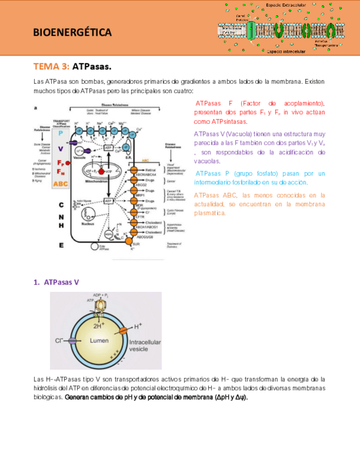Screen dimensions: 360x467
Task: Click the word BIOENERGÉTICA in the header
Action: (x=73, y=32)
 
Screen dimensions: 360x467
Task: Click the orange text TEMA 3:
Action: (x=51, y=67)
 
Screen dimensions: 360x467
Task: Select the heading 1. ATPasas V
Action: (x=56, y=282)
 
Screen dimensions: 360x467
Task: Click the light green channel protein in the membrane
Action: (x=251, y=31)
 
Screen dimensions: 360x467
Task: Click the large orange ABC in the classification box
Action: (x=61, y=184)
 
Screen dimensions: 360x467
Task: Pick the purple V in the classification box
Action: (x=60, y=149)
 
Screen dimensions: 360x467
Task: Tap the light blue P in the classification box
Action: (x=60, y=133)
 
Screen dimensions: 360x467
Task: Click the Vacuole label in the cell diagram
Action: (x=79, y=158)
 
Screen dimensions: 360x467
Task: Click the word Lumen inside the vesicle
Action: (x=99, y=340)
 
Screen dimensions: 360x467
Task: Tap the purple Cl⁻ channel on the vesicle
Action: (x=72, y=341)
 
